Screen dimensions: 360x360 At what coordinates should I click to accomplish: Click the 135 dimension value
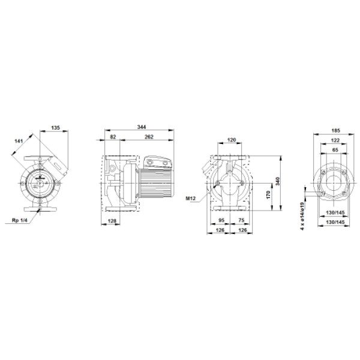pos(55,128)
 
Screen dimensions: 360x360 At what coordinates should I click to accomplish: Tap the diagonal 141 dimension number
pos(19,141)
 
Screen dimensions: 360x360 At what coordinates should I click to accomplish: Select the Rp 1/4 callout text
pos(20,220)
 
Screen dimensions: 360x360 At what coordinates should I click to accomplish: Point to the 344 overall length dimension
pos(142,127)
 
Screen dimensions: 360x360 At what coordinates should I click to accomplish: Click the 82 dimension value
pos(113,137)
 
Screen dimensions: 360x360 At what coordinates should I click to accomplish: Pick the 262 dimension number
pos(149,137)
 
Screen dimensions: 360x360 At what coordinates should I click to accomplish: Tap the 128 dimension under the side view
pos(112,221)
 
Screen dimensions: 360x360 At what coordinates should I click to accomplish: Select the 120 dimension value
pos(232,140)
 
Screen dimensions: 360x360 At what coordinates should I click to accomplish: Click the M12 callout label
pos(191,198)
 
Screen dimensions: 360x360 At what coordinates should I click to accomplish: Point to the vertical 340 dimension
pos(278,181)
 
